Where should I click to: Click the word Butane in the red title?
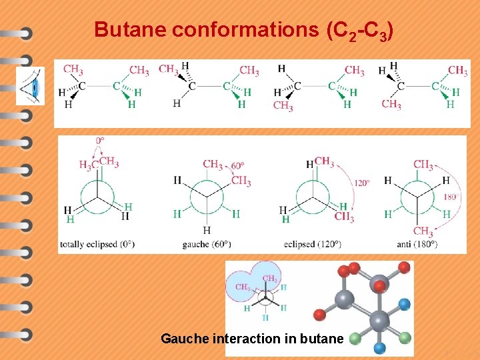click(x=130, y=29)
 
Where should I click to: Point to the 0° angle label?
click(x=100, y=141)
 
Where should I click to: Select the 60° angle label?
click(x=237, y=166)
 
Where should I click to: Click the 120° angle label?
click(x=362, y=182)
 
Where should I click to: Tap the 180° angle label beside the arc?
click(x=452, y=197)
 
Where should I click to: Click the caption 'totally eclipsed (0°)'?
click(x=97, y=245)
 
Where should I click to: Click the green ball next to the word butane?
click(x=355, y=339)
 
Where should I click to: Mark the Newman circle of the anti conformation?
click(x=418, y=197)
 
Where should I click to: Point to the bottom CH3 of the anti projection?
click(x=423, y=231)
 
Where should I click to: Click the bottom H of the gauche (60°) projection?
click(x=207, y=230)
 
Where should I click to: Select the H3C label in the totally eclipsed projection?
click(x=89, y=165)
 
